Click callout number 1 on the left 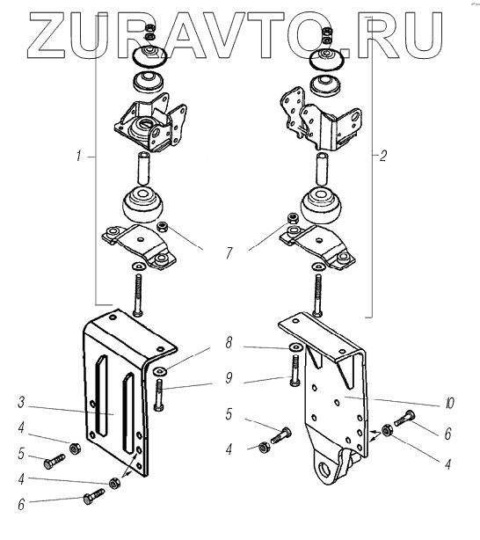pos(79,156)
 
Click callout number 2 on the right pos(382,156)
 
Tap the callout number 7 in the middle pos(229,253)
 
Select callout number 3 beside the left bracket pos(21,402)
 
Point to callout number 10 pos(449,403)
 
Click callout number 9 pos(229,378)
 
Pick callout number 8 pos(229,343)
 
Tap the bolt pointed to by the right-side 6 pos(405,418)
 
